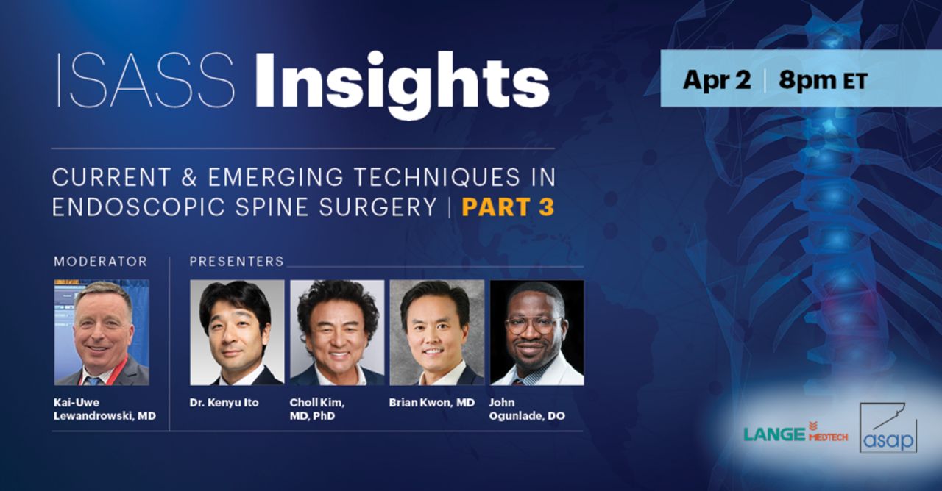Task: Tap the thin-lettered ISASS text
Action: (146, 80)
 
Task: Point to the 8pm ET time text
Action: (823, 80)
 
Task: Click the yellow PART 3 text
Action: (508, 207)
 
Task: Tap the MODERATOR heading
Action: (101, 261)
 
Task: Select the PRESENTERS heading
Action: (237, 261)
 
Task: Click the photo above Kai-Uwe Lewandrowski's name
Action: (102, 332)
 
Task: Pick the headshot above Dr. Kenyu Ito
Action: (237, 332)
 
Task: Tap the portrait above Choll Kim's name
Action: (337, 332)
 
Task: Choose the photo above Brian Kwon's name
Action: (437, 332)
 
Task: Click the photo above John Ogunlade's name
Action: (537, 332)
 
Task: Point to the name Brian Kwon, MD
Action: (432, 402)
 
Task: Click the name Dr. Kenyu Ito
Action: (224, 402)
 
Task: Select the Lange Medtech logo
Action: (796, 434)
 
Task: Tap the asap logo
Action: (888, 428)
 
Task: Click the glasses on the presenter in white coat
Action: (532, 325)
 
